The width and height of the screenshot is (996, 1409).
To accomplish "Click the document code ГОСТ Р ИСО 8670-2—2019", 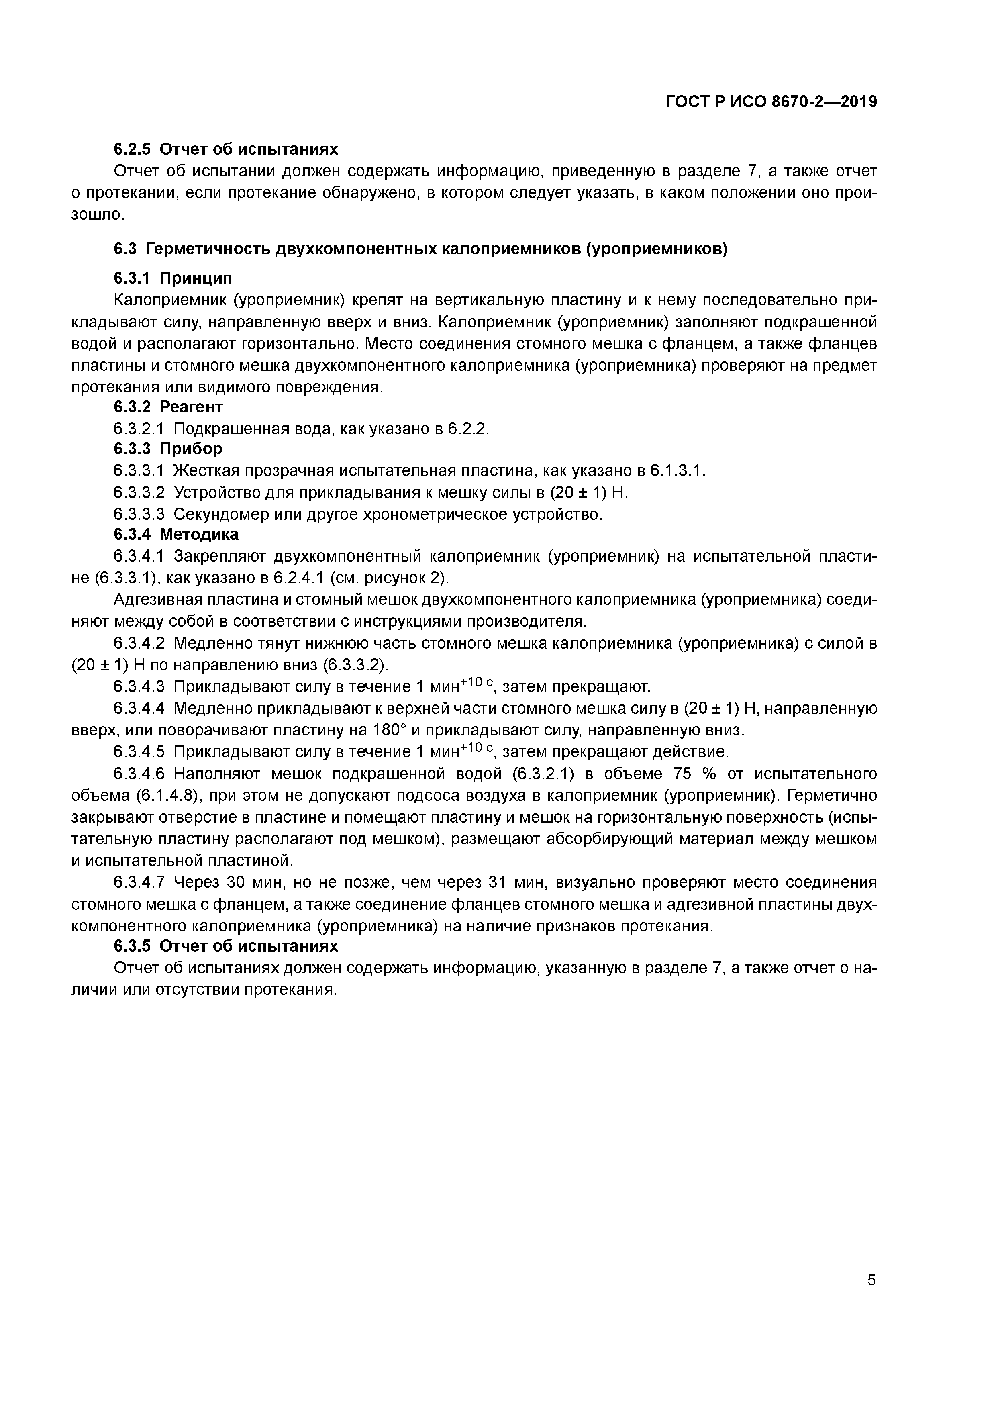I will click(771, 102).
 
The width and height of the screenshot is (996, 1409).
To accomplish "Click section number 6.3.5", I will click(132, 945).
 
